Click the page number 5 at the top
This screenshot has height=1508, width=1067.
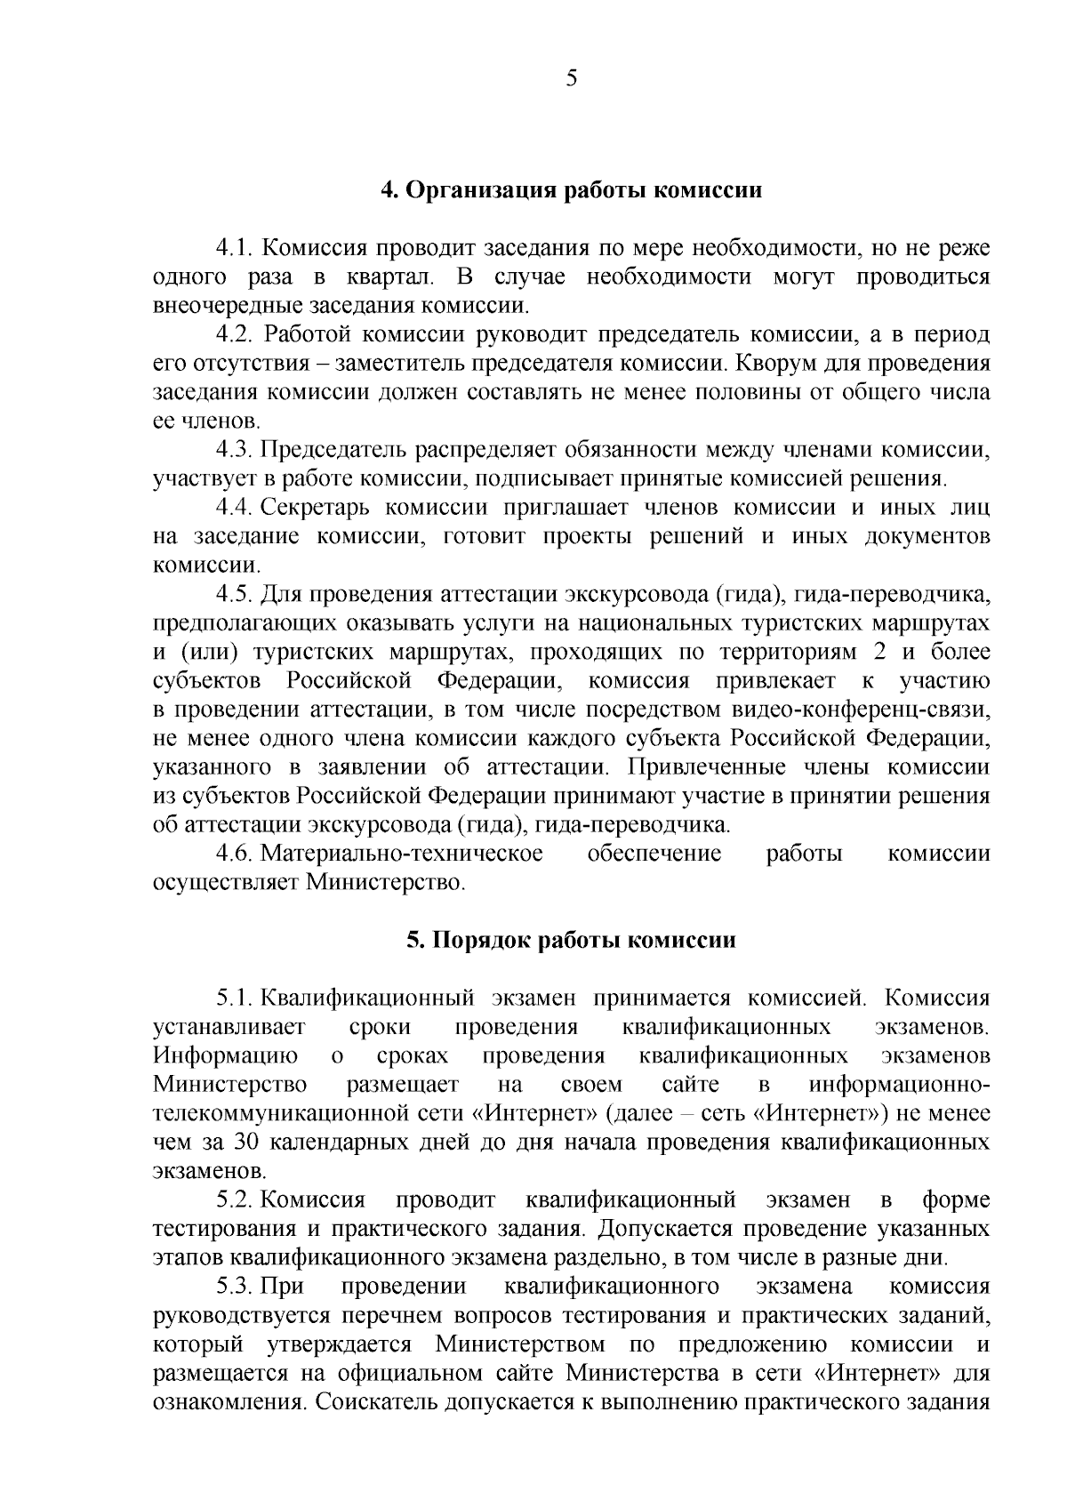pyautogui.click(x=572, y=78)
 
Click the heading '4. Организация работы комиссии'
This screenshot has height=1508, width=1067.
pyautogui.click(x=572, y=190)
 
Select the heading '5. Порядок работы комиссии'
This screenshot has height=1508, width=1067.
pyautogui.click(x=572, y=940)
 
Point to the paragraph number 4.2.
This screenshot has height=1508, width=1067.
pyautogui.click(x=236, y=334)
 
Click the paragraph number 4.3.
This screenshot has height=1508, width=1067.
pyautogui.click(x=236, y=450)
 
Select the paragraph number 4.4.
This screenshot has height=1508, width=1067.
pyautogui.click(x=236, y=508)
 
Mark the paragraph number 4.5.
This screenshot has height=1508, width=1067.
pyautogui.click(x=236, y=594)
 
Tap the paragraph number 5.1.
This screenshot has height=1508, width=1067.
pyautogui.click(x=236, y=999)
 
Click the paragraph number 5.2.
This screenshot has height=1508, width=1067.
pyautogui.click(x=236, y=1200)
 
